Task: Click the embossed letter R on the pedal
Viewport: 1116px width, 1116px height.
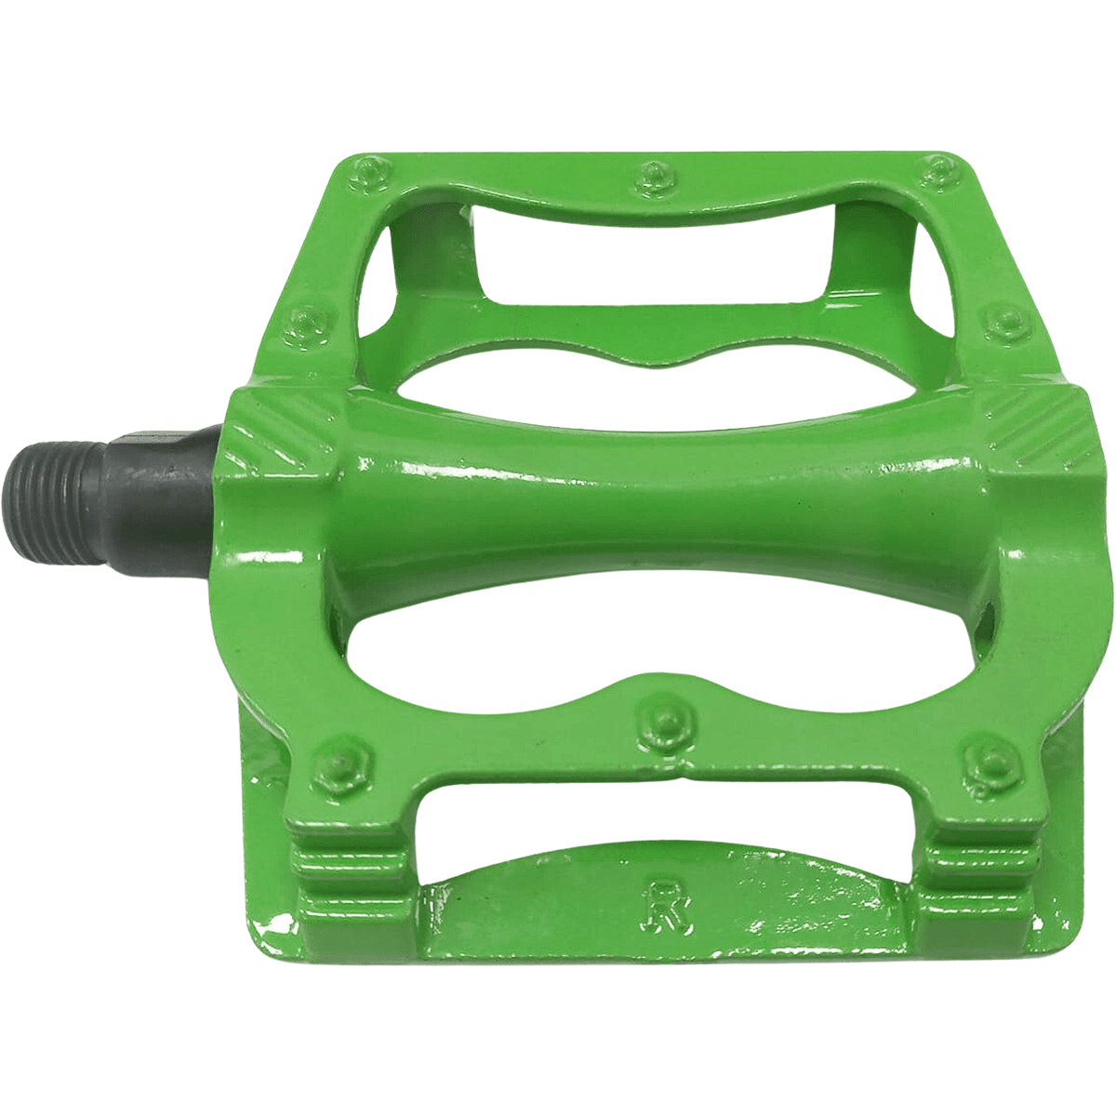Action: tap(663, 917)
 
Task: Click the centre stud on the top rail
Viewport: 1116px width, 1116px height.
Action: tap(652, 173)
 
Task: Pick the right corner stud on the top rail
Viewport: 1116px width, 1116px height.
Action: tap(936, 172)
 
